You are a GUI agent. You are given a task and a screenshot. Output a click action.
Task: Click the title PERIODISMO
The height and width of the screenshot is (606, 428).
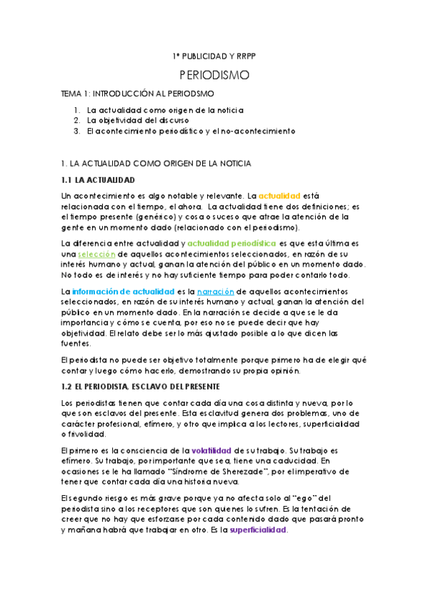[x=214, y=74]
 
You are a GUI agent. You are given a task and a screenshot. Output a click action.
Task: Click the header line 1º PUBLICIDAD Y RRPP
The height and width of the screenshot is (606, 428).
[x=214, y=56]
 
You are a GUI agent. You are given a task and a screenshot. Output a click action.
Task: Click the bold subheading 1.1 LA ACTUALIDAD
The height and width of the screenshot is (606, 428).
[x=98, y=179]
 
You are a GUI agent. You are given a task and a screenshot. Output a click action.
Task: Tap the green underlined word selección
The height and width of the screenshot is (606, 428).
[x=96, y=254]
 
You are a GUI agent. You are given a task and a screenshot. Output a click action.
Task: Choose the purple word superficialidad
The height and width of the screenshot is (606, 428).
[x=258, y=530]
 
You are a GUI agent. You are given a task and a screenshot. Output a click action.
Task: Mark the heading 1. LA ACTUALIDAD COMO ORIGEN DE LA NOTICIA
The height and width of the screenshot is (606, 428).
[x=156, y=163]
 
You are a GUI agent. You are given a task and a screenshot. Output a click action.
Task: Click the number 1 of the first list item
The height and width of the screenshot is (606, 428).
[x=76, y=110]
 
